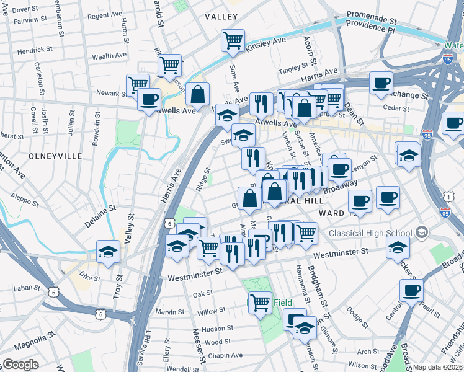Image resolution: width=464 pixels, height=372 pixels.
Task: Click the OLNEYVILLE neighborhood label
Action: click(x=55, y=156)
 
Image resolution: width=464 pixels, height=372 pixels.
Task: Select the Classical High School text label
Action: click(x=370, y=233)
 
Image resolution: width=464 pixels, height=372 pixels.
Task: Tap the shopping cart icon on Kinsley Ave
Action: click(x=233, y=41)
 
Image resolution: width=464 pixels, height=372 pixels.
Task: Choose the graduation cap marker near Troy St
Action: click(x=109, y=252)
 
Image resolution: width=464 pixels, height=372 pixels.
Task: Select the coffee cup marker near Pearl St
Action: click(x=411, y=290)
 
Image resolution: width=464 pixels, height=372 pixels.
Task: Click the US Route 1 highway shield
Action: click(x=447, y=197)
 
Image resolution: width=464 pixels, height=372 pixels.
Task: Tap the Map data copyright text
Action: click(x=438, y=367)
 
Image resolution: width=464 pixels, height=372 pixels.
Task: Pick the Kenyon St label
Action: click(x=364, y=163)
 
